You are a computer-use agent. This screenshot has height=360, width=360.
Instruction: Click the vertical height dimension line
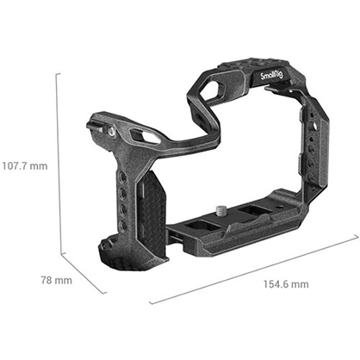(59, 164)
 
